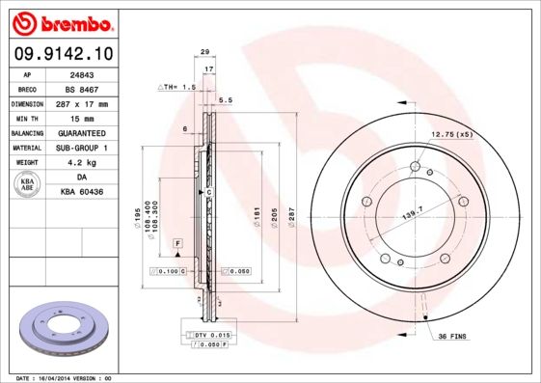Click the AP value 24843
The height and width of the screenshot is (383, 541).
coord(80,72)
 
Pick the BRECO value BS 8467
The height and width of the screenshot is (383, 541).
coord(80,88)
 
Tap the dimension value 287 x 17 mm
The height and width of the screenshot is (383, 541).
coord(80,103)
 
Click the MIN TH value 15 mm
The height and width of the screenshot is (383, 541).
coord(80,118)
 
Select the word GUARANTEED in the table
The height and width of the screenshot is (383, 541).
coord(80,133)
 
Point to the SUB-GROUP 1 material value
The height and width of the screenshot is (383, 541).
coord(80,148)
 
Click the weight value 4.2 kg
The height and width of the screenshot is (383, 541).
coord(80,163)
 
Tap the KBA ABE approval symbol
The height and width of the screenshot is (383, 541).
coord(28,185)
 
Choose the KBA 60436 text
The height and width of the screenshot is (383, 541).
coord(80,193)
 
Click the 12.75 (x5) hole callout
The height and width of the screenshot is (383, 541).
coord(451,134)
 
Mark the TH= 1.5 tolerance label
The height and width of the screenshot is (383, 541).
coord(177,87)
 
